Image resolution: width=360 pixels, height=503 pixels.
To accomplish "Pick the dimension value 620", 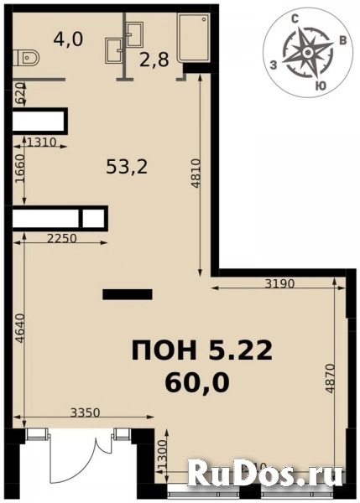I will coord(18,95).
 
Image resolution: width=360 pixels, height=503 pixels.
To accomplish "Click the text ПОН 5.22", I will coord(201,351).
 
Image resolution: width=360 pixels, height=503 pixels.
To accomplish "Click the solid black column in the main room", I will coord(127,293).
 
